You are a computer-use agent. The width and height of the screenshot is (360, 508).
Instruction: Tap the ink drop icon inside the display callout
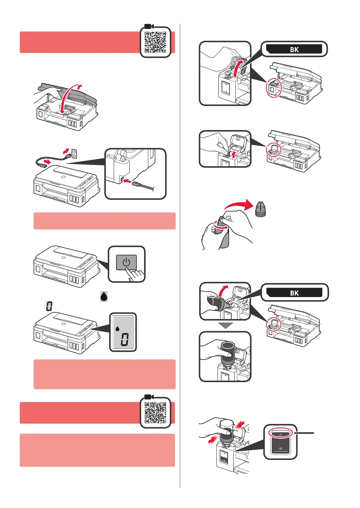tap(118, 328)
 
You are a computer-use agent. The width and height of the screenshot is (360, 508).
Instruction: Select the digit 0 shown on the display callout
tap(125, 339)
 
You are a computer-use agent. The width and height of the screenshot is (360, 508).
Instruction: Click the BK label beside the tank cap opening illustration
tap(294, 49)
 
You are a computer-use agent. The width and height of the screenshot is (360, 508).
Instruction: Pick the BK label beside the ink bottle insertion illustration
tap(294, 293)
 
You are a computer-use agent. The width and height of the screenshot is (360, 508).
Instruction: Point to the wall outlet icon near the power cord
tap(74, 153)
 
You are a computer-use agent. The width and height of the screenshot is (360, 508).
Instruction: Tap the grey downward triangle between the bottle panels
tap(225, 326)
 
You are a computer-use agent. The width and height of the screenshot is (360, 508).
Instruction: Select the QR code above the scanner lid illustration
tap(155, 42)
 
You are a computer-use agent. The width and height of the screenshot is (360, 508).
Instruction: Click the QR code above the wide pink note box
tap(155, 412)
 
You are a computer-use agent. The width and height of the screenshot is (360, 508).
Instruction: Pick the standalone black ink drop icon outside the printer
tap(104, 296)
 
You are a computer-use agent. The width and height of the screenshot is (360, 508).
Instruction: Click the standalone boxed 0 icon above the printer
tap(49, 306)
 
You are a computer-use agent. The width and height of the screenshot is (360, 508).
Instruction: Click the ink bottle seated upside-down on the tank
tap(227, 354)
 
